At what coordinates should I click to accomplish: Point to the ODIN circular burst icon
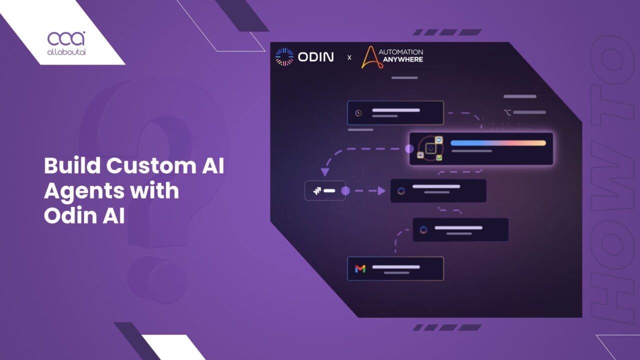click(x=284, y=57)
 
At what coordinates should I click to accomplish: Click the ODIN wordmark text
click(x=315, y=57)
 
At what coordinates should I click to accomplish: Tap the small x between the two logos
click(x=349, y=58)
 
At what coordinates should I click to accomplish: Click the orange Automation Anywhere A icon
click(x=371, y=57)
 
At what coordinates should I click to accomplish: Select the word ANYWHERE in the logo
click(x=403, y=59)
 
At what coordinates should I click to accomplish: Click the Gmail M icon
click(x=360, y=268)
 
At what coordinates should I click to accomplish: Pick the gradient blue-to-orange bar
click(x=498, y=143)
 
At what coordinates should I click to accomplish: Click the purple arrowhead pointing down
click(x=325, y=172)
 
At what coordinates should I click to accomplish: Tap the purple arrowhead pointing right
click(x=381, y=190)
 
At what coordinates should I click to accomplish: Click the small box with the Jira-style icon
click(x=324, y=190)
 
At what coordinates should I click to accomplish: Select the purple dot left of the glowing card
click(x=409, y=148)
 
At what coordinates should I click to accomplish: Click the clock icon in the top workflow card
click(x=358, y=113)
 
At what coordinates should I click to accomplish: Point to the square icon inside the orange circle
click(x=430, y=148)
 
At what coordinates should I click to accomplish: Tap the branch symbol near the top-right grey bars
click(x=507, y=112)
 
